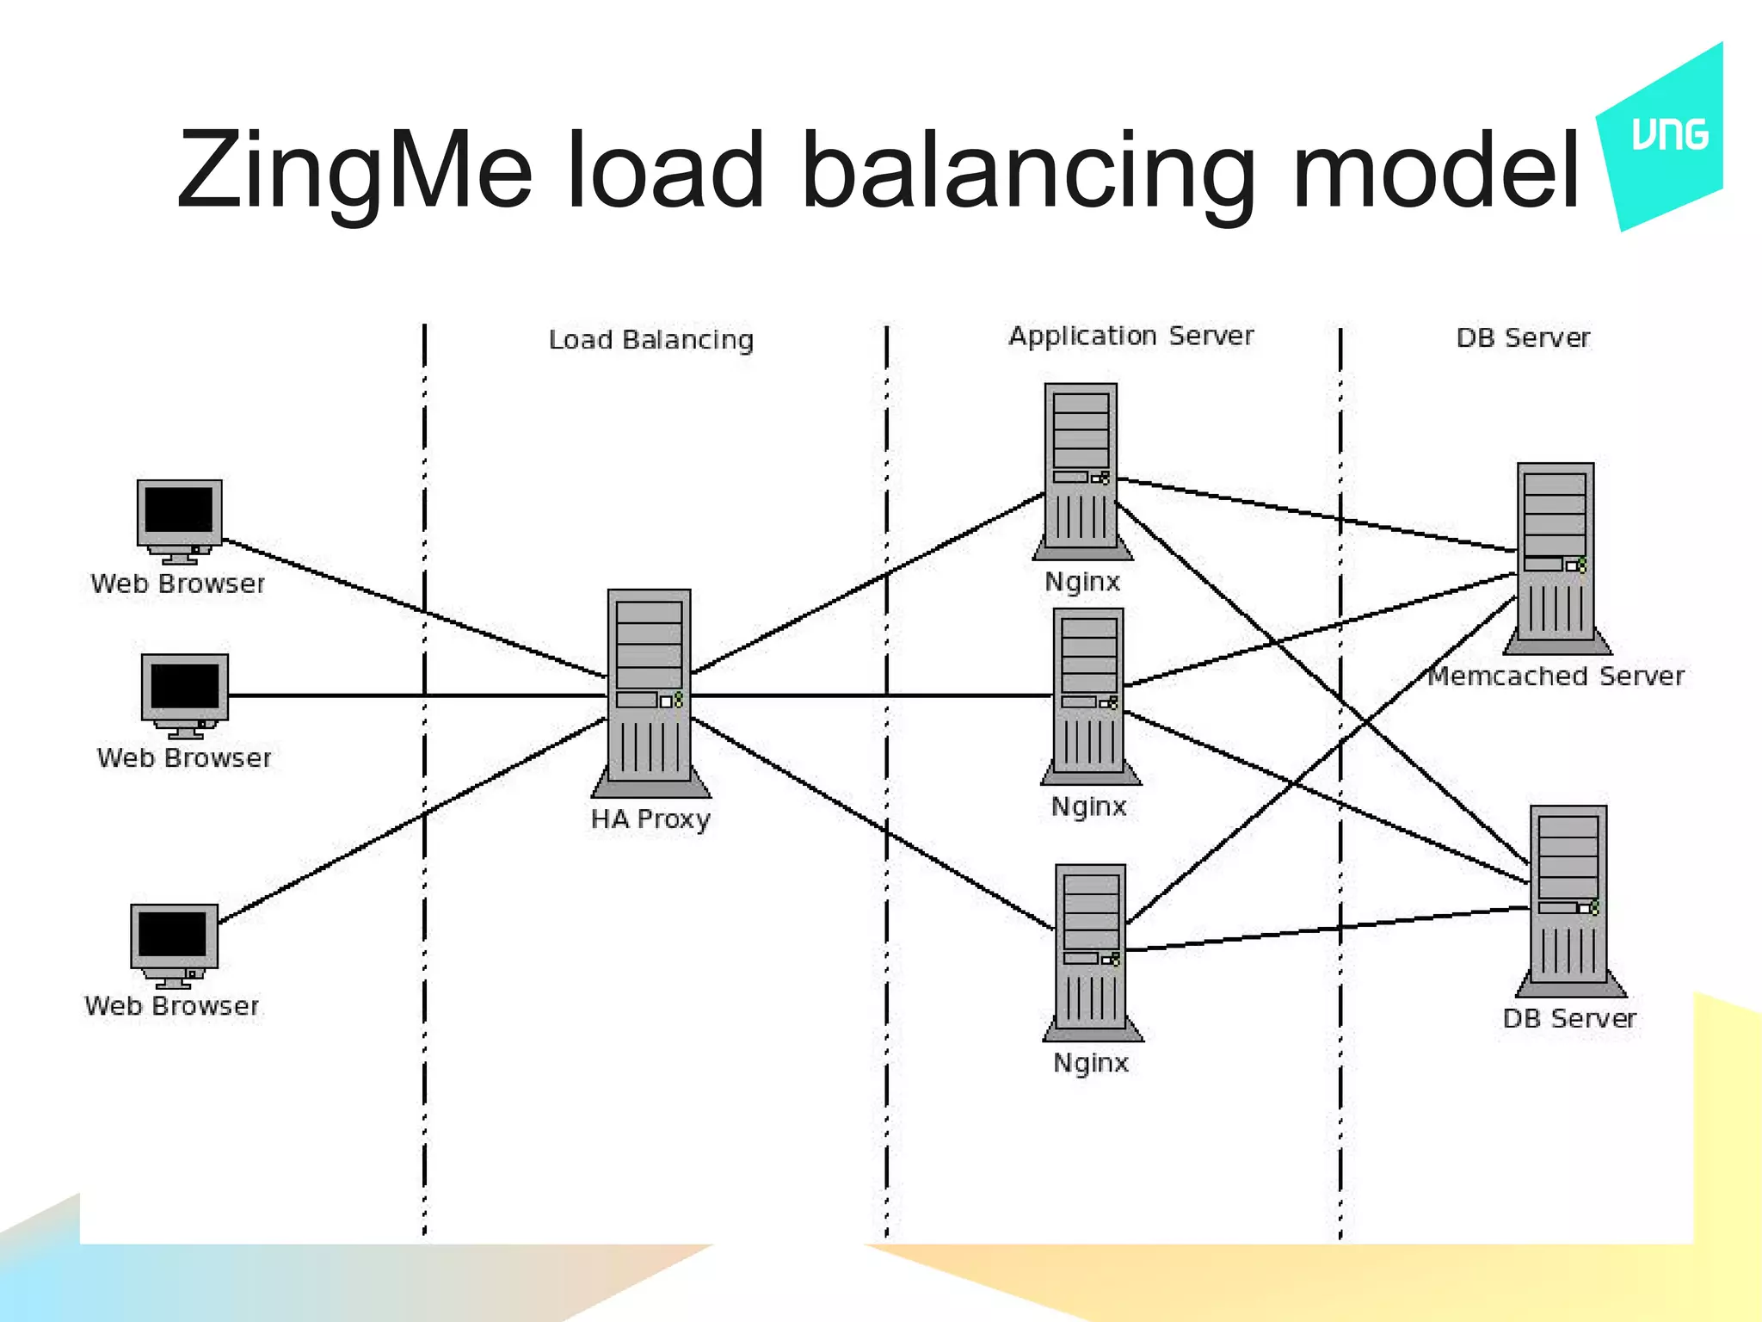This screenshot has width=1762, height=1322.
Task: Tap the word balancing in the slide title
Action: click(1028, 170)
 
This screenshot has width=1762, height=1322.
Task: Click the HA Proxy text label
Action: click(650, 819)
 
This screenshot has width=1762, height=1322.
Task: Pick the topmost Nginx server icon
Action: click(1081, 469)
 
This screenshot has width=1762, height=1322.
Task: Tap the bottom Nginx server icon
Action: click(1092, 951)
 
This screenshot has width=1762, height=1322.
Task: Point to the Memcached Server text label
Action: click(1556, 676)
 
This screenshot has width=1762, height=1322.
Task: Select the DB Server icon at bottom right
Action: click(1569, 899)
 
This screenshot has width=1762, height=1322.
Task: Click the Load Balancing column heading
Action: click(651, 340)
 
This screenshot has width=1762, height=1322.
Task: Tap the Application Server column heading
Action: click(1131, 336)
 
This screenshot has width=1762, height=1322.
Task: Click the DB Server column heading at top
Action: click(1523, 338)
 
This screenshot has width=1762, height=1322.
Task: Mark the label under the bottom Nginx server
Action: click(1091, 1063)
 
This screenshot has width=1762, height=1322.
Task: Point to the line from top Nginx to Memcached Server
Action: click(1316, 515)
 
